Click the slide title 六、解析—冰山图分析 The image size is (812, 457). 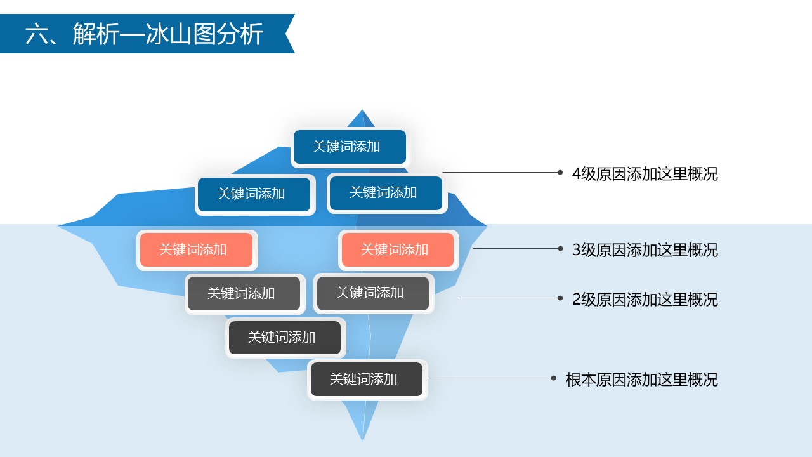(144, 34)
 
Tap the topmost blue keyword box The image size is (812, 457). (350, 147)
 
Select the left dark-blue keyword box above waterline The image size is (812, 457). (254, 194)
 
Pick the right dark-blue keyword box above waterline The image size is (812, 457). (386, 194)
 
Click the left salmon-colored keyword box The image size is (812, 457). (197, 250)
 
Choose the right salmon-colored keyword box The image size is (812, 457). (398, 250)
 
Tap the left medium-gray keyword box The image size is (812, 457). (244, 293)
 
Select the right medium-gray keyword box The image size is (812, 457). (373, 293)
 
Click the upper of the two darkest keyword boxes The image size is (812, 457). (285, 337)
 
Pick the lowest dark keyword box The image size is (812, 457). (367, 379)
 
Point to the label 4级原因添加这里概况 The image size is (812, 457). (645, 174)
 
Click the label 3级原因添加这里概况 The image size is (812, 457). (645, 250)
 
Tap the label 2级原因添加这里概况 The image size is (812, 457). (645, 300)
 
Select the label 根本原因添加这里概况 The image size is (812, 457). (641, 380)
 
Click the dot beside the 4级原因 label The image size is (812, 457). (560, 172)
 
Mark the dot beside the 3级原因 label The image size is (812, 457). (560, 248)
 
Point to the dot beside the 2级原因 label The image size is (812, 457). (560, 298)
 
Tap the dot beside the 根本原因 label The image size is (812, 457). (554, 378)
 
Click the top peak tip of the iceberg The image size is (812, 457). (362, 110)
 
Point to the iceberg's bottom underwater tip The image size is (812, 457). (362, 440)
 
